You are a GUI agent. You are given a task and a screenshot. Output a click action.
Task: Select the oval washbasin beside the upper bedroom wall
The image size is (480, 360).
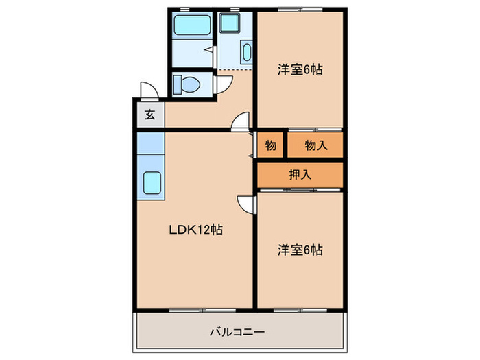tap(246, 52)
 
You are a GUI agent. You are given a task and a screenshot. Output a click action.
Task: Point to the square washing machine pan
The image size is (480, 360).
tap(228, 25)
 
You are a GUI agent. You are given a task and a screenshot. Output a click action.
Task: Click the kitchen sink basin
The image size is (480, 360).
tap(152, 184)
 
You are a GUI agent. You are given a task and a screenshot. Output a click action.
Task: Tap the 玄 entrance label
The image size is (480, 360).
tap(149, 115)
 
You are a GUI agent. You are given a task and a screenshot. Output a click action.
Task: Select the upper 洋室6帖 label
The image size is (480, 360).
tap(300, 69)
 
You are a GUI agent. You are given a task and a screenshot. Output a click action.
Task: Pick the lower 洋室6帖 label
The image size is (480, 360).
tap(300, 250)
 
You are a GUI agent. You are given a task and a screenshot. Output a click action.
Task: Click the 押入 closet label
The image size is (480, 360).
tap(300, 174)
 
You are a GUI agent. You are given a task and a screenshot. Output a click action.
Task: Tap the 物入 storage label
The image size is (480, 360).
tap(315, 145)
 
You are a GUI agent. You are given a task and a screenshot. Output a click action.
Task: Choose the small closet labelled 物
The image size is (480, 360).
tap(270, 145)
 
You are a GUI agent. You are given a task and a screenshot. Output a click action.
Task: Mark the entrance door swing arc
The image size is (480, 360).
tap(147, 90)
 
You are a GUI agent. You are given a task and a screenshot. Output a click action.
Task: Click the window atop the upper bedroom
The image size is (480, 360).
tap(300, 10)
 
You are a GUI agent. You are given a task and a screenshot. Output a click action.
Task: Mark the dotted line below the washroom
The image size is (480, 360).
tap(236, 69)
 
